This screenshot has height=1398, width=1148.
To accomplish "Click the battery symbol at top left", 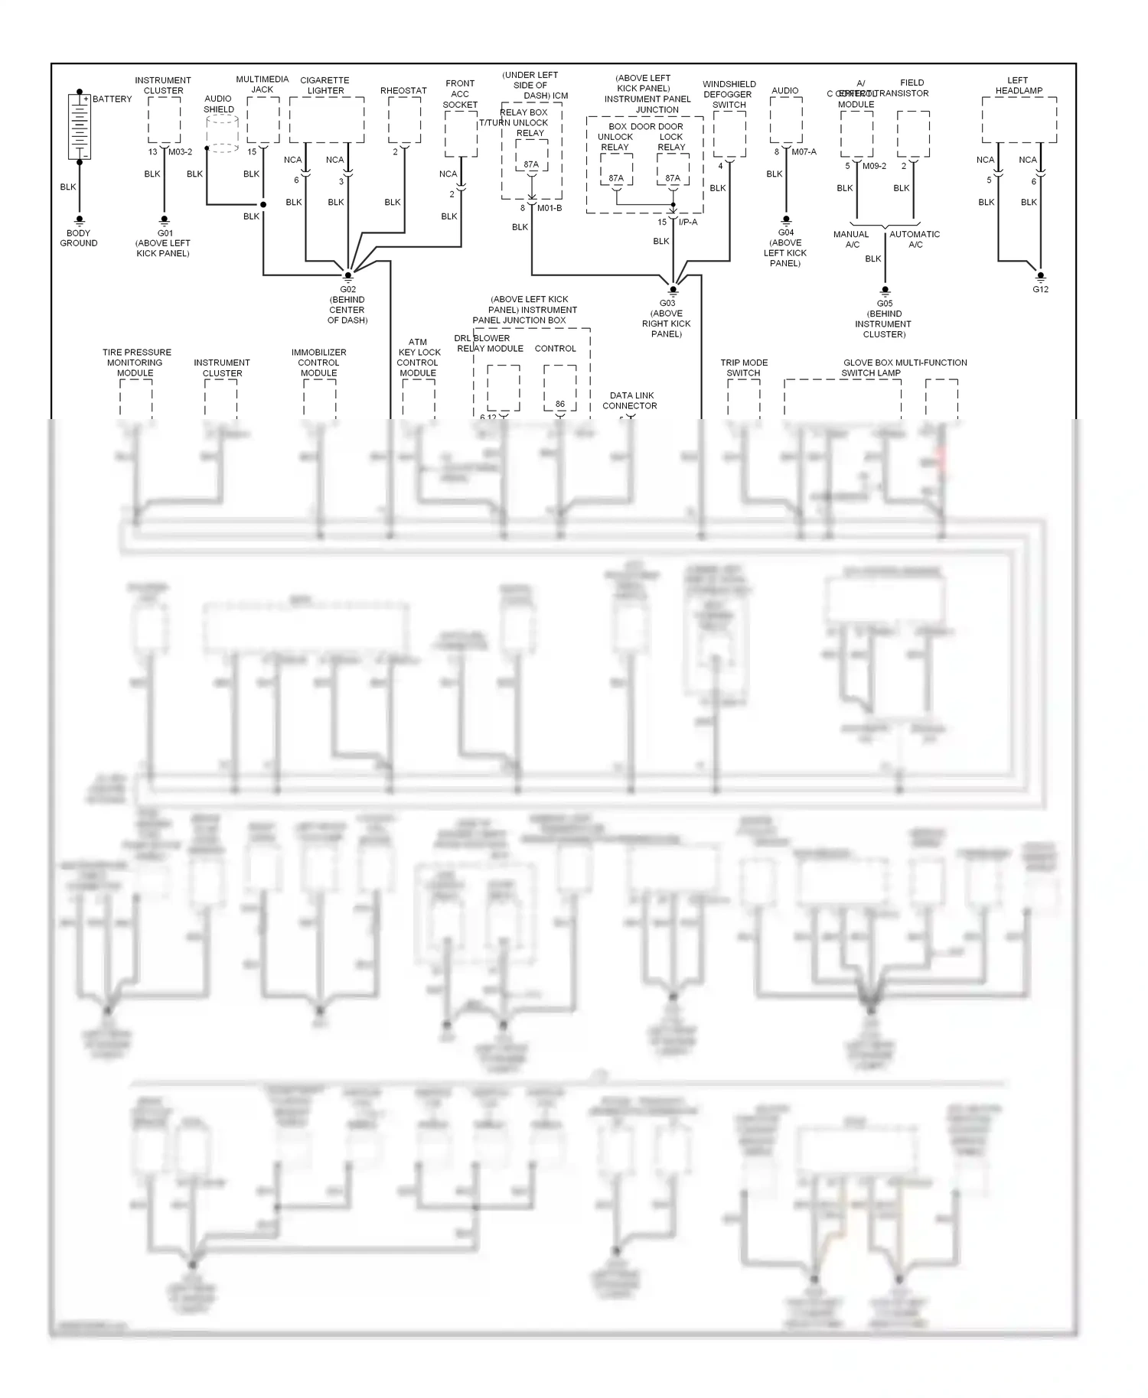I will tap(80, 126).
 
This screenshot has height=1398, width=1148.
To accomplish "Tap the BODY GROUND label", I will tap(79, 238).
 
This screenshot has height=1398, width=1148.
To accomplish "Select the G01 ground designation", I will tap(165, 233).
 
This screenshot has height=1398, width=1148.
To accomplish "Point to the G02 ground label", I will tap(347, 290).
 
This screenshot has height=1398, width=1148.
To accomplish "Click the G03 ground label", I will tap(667, 304).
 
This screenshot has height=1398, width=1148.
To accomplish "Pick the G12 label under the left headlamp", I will tap(1040, 289).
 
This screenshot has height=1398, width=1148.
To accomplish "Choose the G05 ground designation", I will tap(884, 304).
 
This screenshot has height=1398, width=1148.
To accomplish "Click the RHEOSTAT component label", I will tap(403, 90).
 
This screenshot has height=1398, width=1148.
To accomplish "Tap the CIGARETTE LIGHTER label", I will tap(325, 85).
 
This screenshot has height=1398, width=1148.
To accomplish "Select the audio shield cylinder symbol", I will tap(222, 134).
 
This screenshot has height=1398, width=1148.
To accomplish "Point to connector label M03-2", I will tap(181, 152).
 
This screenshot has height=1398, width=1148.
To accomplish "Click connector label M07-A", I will tap(804, 152).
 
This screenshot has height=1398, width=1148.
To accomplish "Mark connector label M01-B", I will tap(550, 208).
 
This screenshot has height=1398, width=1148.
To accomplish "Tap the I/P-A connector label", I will tap(688, 222).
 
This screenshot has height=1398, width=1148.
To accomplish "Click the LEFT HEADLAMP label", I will tap(1018, 85).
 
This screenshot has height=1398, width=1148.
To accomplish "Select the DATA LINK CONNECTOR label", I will tap(629, 401).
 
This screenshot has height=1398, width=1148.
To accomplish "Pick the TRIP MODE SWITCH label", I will tap(743, 368).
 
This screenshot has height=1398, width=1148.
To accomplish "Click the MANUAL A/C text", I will tap(851, 239).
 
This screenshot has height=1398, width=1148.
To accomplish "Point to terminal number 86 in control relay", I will tap(560, 404).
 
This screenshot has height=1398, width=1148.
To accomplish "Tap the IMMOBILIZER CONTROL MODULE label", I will tap(318, 363).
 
